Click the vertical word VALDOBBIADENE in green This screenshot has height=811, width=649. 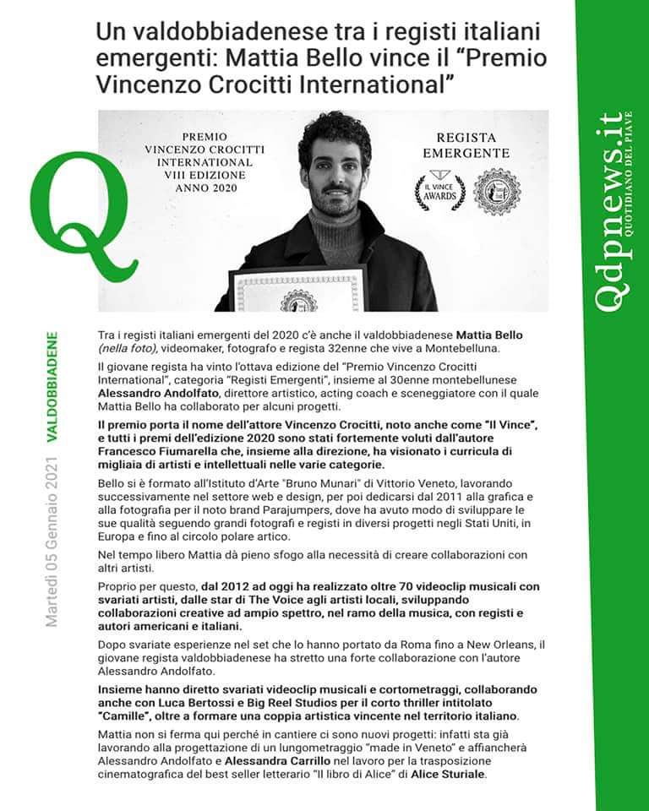[52, 385]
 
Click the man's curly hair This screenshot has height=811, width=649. [335, 136]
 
